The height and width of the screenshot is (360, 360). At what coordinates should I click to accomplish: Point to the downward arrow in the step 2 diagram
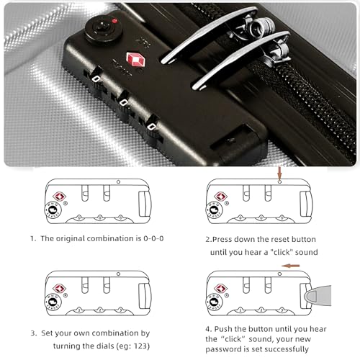[280, 173]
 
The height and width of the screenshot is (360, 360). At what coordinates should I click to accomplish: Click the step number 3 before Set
[33, 333]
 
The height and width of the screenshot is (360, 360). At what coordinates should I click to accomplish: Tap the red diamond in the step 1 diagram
[60, 197]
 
